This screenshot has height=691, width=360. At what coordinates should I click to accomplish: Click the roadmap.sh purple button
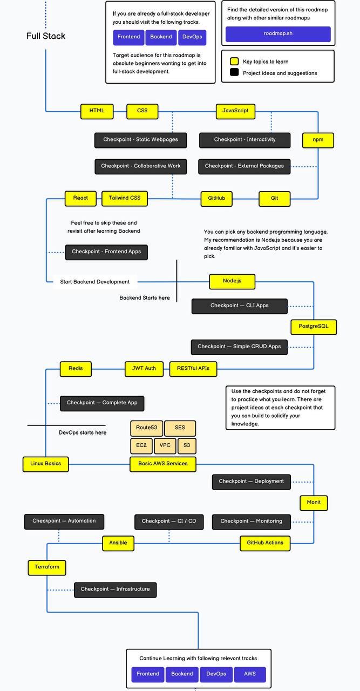click(278, 33)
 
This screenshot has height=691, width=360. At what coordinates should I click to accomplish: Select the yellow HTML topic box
click(97, 111)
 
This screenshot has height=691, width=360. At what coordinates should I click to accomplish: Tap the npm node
click(318, 140)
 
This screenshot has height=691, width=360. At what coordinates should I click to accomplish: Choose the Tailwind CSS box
click(125, 198)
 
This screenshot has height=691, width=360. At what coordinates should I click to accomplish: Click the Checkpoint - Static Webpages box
click(140, 140)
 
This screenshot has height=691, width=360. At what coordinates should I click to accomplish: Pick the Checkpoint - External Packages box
click(244, 166)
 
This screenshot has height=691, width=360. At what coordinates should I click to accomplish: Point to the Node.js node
click(232, 281)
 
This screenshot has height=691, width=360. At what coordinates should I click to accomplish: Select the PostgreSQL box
click(314, 327)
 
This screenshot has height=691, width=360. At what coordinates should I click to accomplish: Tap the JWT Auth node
click(144, 369)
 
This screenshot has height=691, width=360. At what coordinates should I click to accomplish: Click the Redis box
click(76, 369)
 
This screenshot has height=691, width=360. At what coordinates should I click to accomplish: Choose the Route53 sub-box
click(146, 428)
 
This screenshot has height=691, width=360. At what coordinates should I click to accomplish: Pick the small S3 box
click(187, 446)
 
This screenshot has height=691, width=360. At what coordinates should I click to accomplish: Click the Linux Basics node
click(45, 464)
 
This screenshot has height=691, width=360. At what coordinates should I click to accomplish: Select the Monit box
click(314, 503)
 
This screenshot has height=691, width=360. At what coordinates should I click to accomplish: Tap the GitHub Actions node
click(265, 543)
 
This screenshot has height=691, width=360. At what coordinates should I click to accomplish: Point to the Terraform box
click(47, 567)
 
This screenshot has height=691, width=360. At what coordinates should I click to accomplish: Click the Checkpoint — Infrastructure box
click(115, 589)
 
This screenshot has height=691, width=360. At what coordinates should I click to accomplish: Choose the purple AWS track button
click(250, 674)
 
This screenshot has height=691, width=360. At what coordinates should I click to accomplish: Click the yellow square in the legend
click(234, 62)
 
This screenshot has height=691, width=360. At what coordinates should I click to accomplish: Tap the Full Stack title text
click(46, 36)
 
